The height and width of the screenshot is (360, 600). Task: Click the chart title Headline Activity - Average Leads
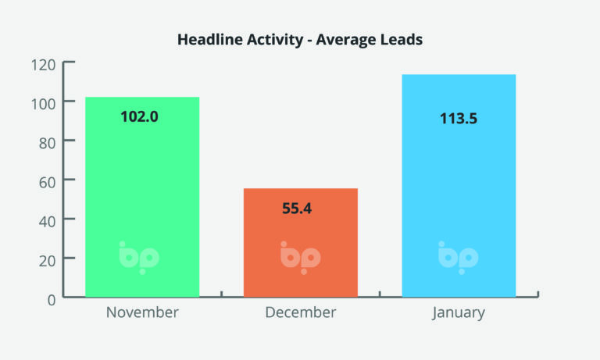coord(300,39)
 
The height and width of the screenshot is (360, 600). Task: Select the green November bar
coord(142,197)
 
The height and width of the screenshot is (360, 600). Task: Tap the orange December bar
coord(301,243)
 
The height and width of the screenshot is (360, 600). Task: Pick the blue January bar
coord(459,186)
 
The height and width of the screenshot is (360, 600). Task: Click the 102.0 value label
coord(139,116)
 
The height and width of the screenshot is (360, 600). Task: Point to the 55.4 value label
coord(297,209)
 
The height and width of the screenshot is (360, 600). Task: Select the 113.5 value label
coord(459,119)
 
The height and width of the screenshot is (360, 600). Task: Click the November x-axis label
coord(142,312)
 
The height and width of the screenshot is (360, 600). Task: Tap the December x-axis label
coord(301,312)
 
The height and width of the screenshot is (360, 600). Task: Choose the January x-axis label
coord(459,313)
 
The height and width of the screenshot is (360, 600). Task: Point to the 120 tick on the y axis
coord(43,65)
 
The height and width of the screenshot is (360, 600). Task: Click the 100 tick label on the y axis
coord(43,104)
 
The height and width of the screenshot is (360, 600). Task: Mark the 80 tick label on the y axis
coord(47,144)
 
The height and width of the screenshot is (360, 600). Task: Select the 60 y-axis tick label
coord(47,183)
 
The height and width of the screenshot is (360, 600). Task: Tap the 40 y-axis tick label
coord(47,222)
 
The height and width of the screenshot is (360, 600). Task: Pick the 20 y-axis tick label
coord(47,262)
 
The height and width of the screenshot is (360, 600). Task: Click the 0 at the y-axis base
coord(52,301)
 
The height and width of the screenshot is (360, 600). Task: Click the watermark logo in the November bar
coord(139,258)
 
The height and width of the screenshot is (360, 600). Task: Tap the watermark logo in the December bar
coord(300,258)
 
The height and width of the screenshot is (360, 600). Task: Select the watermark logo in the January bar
coord(459,258)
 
